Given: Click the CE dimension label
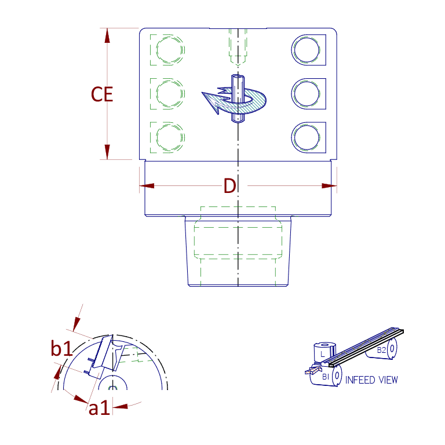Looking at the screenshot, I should click(x=102, y=94).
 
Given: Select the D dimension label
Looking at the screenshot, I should click(x=230, y=187).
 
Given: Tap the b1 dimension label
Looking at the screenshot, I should click(x=61, y=349).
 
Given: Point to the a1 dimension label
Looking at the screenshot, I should click(x=99, y=408).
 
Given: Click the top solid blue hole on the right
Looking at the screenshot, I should click(x=306, y=50).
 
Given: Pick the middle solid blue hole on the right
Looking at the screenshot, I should click(x=306, y=93).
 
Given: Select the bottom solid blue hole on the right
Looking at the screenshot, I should click(x=306, y=137).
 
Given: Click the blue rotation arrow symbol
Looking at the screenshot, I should click(x=235, y=100).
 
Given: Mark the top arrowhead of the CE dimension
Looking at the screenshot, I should click(x=107, y=35).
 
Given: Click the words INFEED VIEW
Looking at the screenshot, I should click(x=371, y=380).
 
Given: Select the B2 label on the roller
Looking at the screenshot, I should click(x=381, y=350).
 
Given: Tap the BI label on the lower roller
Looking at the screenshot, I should click(x=326, y=377).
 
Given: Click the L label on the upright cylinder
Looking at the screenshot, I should click(x=323, y=353).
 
